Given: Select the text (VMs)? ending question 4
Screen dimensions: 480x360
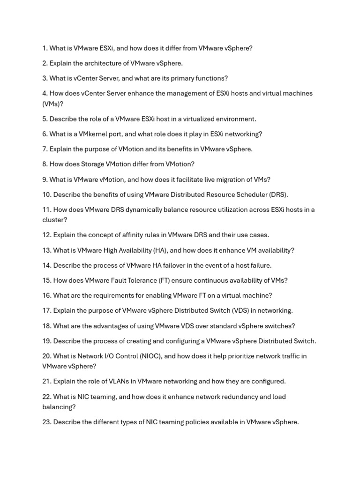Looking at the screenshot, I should coord(52,104).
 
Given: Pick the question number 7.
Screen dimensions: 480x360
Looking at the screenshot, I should coord(45,149).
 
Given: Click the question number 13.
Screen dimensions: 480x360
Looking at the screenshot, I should coord(46,250).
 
